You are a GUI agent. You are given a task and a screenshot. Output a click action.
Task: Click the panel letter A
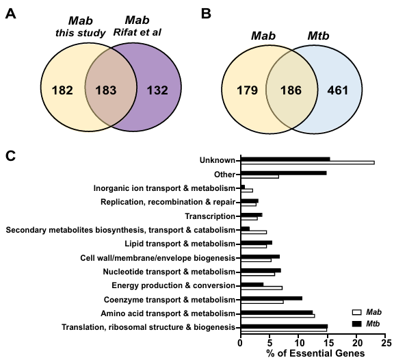pos(10,14)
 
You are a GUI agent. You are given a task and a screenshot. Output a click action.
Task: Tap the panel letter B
pos(206,14)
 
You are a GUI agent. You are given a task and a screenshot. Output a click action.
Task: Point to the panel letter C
pos(10,156)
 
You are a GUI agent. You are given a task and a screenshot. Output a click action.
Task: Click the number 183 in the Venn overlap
pos(106,90)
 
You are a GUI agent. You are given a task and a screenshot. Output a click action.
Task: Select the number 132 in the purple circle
pos(157,90)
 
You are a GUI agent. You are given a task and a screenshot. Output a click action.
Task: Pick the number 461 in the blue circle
pos(338,90)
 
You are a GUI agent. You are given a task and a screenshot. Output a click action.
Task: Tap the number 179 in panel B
pos(247,90)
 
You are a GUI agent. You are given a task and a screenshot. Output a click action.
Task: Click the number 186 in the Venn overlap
pos(291,90)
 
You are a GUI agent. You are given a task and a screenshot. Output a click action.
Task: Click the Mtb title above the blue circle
pos(318,36)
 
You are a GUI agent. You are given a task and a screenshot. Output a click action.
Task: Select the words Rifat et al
pos(137,32)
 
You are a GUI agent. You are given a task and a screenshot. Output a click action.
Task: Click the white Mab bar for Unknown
pos(308,163)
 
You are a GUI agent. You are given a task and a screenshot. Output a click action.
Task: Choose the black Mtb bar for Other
pos(284,173)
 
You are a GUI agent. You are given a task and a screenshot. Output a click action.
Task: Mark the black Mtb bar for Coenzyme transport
pos(272,298)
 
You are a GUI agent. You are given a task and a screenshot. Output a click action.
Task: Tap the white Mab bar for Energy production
pos(261,288)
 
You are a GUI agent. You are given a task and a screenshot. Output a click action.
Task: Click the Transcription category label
pos(210,216)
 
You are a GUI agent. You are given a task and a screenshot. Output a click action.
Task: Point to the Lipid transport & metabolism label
pos(180,244)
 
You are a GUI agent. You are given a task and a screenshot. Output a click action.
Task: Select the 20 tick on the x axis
pos(356,343)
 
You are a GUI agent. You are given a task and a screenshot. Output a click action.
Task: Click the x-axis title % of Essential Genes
pos(315,353)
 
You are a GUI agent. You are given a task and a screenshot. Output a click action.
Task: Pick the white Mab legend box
pos(357,312)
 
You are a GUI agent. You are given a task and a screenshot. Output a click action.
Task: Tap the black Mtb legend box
pos(357,324)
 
